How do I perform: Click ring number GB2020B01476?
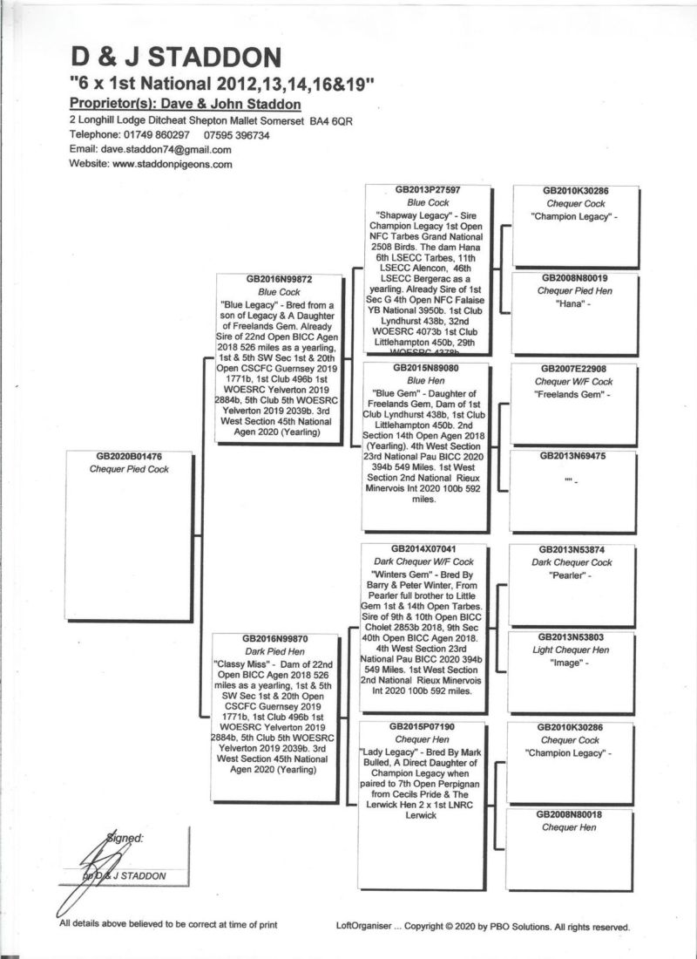(130, 456)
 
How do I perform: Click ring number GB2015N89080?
(427, 369)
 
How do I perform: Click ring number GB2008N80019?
(574, 278)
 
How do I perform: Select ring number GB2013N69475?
(574, 455)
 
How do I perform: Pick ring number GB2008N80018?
(572, 814)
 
